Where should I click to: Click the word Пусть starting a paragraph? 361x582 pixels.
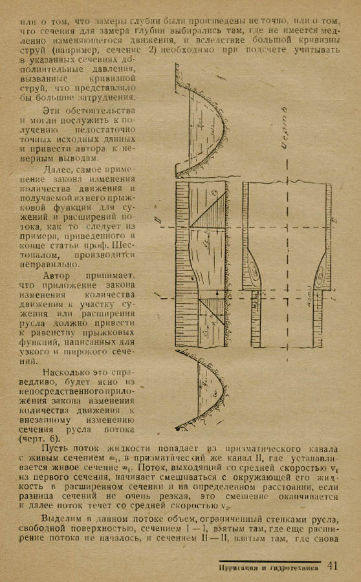click(x=56, y=447)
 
